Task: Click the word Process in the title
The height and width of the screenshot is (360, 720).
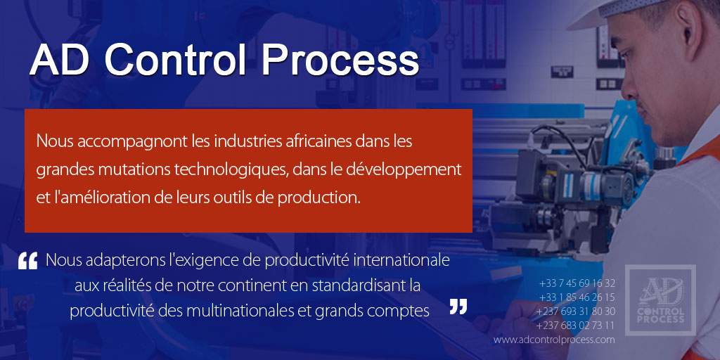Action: pyautogui.click(x=341, y=61)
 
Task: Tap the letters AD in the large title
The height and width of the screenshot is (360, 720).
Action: pyautogui.click(x=60, y=61)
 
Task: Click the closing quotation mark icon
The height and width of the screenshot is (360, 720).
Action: pyautogui.click(x=458, y=307)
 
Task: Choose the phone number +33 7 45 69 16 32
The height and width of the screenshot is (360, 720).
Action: pyautogui.click(x=577, y=283)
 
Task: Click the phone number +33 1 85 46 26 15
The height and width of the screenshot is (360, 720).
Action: pyautogui.click(x=577, y=297)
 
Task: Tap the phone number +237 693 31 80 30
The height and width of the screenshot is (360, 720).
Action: pyautogui.click(x=575, y=311)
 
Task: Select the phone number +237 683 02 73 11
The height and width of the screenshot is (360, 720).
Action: pyautogui.click(x=575, y=326)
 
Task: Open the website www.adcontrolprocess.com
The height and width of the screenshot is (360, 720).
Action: pyautogui.click(x=554, y=340)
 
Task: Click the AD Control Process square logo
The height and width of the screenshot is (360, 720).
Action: pyautogui.click(x=660, y=300)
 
